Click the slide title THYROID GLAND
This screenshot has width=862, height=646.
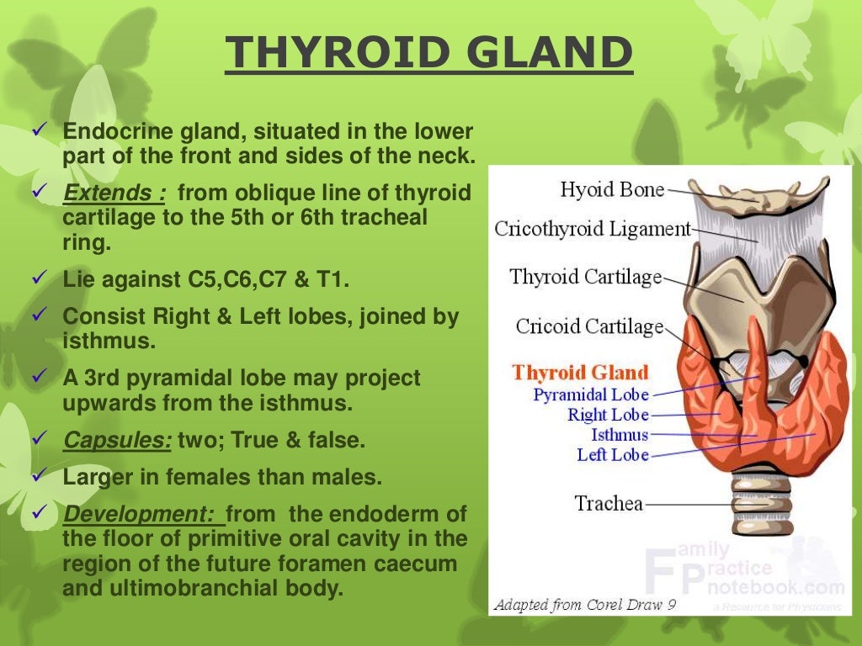click(x=428, y=53)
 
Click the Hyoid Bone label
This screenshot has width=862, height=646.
click(x=612, y=190)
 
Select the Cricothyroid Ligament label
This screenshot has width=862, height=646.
click(x=593, y=229)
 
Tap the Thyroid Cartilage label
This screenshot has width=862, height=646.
click(x=585, y=278)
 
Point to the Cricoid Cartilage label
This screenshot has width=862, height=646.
click(x=589, y=326)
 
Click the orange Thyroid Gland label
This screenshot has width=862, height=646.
click(x=581, y=373)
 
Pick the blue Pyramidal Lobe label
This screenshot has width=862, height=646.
click(x=591, y=394)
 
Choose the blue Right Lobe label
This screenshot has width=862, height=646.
click(x=608, y=415)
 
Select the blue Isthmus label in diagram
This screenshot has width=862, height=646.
click(x=620, y=435)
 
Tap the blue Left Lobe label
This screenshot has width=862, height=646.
click(x=613, y=455)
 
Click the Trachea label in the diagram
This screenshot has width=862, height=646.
click(x=609, y=504)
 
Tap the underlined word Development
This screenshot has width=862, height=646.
click(x=142, y=513)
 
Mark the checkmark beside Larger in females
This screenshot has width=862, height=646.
click(x=39, y=475)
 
